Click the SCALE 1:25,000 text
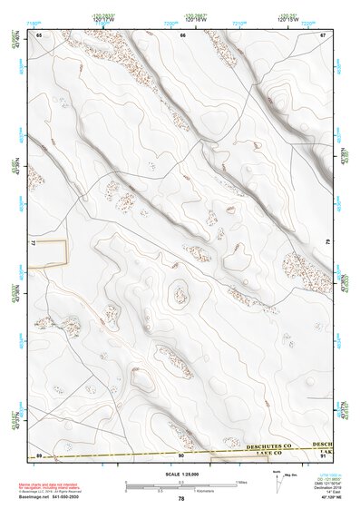click(180, 473)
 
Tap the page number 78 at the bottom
click(181, 498)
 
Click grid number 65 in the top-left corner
click(39, 34)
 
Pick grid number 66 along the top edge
click(183, 34)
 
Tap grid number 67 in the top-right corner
click(323, 34)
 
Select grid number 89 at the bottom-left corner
click(39, 455)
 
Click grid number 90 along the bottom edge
click(180, 455)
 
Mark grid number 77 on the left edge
click(33, 245)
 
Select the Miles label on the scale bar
click(241, 482)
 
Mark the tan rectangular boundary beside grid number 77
click(51, 253)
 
